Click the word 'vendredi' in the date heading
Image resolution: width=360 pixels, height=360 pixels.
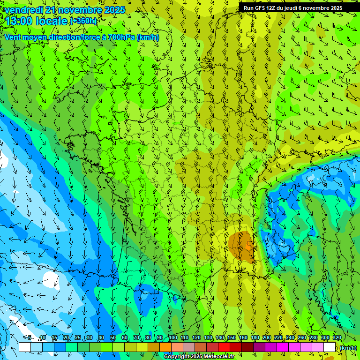tap(22, 10)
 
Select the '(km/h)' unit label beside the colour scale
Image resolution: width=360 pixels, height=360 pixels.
tap(348, 348)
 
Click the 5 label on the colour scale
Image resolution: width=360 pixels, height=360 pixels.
tap(30, 338)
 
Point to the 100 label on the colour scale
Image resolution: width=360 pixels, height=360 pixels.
tap(173, 338)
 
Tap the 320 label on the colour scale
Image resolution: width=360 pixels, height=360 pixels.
tap(337, 338)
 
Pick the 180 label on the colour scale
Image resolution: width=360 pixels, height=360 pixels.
tap(255, 338)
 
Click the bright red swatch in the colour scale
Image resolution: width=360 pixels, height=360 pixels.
tap(224, 347)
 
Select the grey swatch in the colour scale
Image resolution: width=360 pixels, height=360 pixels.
tap(189, 347)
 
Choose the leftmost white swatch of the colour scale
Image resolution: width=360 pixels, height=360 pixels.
tap(25, 347)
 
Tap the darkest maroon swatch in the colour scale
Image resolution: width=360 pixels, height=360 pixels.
tap(247, 347)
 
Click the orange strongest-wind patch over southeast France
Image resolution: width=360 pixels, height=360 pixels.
tap(242, 244)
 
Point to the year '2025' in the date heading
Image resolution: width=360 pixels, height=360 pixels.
tap(114, 10)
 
